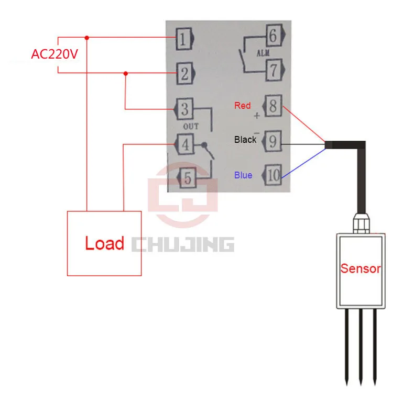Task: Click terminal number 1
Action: coord(185,39)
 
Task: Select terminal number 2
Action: coord(186,73)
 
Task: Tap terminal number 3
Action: coord(184,109)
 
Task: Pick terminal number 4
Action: coord(184,144)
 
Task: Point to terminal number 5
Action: coord(187,177)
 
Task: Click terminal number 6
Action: coord(275,35)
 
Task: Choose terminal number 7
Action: coord(275,70)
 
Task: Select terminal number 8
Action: coord(272,106)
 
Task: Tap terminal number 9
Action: coord(271,141)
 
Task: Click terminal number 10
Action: coord(271,175)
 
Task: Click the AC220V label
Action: coord(55,54)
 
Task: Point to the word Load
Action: coord(105,243)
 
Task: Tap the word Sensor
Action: coord(361,268)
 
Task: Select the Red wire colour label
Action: coord(242,106)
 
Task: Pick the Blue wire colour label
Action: coord(243,175)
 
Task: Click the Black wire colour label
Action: coord(245,140)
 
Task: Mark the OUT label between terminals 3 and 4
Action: coord(191,126)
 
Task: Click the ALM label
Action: coord(263,53)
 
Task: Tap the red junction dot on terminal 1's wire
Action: coord(87,38)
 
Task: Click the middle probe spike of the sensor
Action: coord(361,346)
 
